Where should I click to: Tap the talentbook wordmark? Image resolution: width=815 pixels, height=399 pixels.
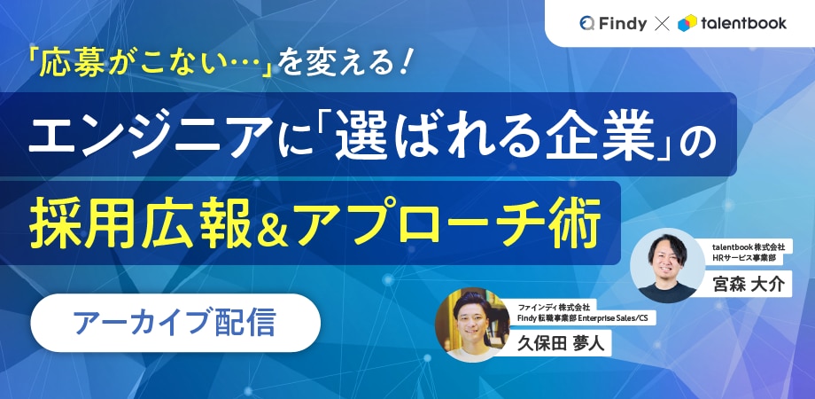click(x=743, y=23)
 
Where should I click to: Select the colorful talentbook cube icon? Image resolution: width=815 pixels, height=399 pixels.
click(x=687, y=23)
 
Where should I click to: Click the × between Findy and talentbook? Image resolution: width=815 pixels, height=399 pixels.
click(x=663, y=23)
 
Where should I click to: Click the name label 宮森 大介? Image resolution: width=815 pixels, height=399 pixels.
click(x=749, y=284)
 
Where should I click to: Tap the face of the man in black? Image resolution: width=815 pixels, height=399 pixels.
click(x=667, y=259)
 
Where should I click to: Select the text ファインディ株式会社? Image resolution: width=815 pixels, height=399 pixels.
click(x=556, y=307)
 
